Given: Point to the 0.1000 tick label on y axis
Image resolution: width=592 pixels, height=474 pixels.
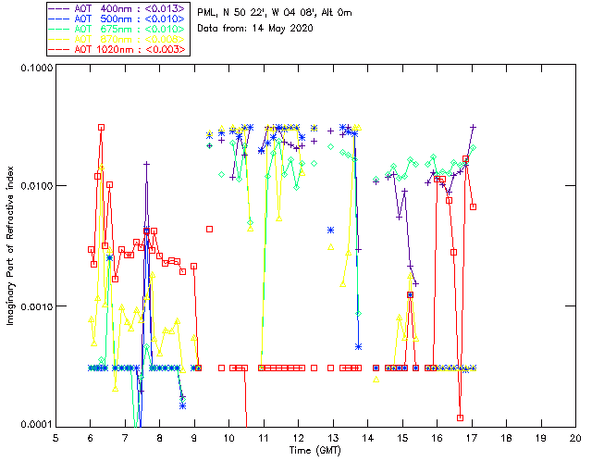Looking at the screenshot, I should coord(36,69).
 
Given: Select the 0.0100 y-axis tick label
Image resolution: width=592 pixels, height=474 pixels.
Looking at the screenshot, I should coord(36,187).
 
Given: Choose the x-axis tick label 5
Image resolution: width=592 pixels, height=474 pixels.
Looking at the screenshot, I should coord(55,437).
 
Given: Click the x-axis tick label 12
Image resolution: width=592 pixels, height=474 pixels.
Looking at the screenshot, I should coord(299,437).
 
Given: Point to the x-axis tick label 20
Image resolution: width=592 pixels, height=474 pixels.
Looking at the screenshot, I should coord(575,437).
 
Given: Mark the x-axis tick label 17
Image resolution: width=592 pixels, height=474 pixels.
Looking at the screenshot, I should coord(472,437).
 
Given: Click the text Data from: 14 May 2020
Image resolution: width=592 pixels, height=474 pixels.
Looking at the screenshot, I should coord(255,29).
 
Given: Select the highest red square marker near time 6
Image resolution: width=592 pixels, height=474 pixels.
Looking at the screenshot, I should coord(101,127).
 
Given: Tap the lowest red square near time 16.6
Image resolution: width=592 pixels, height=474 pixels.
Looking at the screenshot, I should coord(460,418).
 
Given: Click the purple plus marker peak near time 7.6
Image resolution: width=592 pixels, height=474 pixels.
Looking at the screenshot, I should coord(146,164).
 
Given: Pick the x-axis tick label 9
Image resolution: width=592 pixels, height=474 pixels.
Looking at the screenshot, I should coord(194,437).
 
